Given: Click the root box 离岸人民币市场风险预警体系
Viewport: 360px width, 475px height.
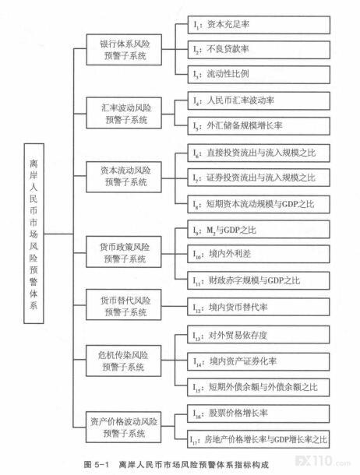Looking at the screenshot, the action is tap(34, 234).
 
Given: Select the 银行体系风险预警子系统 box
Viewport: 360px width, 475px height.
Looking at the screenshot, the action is tap(124, 50).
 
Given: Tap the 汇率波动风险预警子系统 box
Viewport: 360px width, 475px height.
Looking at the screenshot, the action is tap(124, 113).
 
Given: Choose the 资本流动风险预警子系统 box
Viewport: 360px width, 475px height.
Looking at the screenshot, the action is tap(124, 177).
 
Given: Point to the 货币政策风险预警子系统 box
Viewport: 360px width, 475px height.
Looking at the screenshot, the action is tap(124, 252).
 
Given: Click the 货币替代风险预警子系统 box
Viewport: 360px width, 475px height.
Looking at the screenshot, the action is tap(124, 304).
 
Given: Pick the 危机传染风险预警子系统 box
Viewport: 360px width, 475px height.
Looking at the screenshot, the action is tap(123, 361).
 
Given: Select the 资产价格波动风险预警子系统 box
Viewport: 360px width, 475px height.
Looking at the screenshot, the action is tap(123, 427).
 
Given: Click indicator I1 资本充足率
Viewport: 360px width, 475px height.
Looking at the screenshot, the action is tap(259, 25).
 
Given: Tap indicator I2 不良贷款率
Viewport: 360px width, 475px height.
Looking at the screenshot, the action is tap(259, 50).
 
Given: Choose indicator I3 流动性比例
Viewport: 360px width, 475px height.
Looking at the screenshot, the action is tap(259, 75).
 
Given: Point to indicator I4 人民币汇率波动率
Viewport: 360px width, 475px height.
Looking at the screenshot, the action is tap(259, 101).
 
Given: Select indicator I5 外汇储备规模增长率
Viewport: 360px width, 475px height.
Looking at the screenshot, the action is tap(259, 126).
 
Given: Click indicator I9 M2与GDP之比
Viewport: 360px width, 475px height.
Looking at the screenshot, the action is tap(259, 230).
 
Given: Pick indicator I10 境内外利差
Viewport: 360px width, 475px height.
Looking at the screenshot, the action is tap(259, 254).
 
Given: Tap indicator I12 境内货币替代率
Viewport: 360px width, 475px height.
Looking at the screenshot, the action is tap(259, 307).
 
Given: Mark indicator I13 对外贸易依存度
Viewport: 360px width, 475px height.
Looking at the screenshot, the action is tap(259, 335).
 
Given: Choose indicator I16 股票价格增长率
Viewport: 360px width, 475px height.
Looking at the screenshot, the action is tap(259, 413).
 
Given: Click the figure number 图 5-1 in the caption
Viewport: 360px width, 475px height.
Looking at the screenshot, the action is tap(96, 464).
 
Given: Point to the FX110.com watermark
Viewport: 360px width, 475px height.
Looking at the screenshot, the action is tap(323, 461).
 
